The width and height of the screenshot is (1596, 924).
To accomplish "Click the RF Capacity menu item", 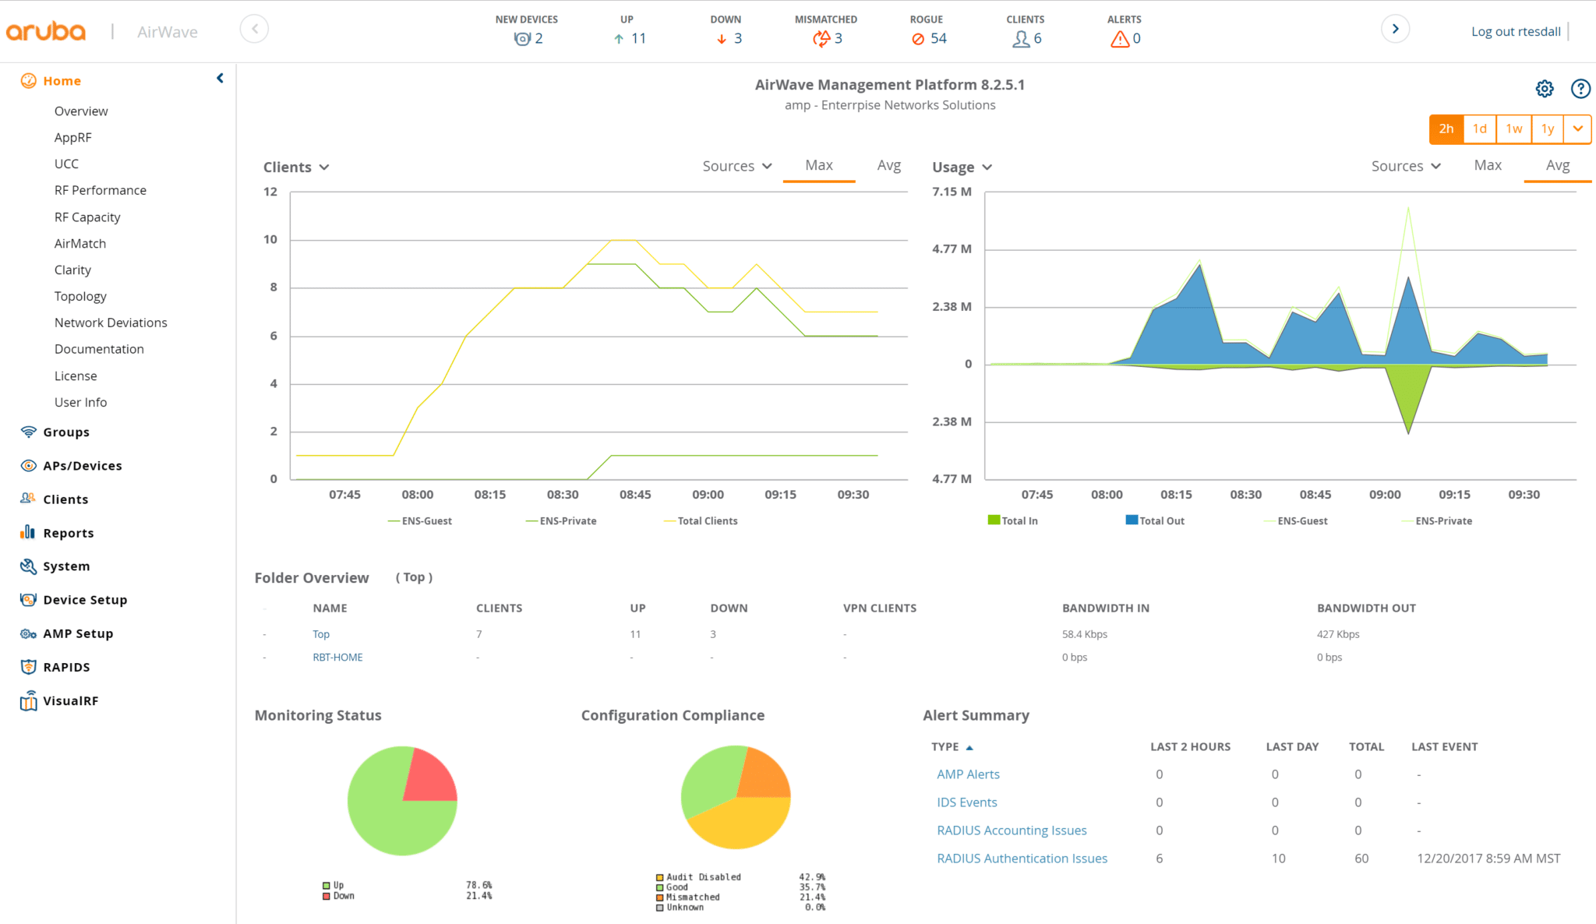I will [x=87, y=217].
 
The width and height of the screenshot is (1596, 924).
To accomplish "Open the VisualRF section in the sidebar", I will [x=70, y=701].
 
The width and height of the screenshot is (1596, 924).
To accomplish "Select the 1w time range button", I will [x=1513, y=129].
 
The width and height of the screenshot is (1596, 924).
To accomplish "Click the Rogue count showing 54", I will [x=929, y=38].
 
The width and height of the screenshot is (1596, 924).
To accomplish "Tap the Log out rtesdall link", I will [x=1515, y=32].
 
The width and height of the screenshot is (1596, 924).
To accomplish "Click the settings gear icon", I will [x=1544, y=89].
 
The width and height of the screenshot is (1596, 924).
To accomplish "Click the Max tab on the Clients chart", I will [x=818, y=165].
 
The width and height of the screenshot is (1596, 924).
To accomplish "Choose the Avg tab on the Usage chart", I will [x=1557, y=165].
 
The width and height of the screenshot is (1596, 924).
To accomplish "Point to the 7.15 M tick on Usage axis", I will [x=952, y=192].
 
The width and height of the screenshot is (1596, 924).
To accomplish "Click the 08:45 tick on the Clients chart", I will [x=635, y=495].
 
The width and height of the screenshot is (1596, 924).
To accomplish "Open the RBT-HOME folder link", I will [x=337, y=658].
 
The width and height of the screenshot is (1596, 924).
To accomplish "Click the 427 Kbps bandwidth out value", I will [x=1337, y=634].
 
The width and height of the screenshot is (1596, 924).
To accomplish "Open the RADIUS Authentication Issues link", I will [x=1022, y=859].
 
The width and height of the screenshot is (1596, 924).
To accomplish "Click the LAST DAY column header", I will [x=1291, y=746].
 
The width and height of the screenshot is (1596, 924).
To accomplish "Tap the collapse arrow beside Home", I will [x=220, y=78].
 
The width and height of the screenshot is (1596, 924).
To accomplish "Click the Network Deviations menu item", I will [x=111, y=323].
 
